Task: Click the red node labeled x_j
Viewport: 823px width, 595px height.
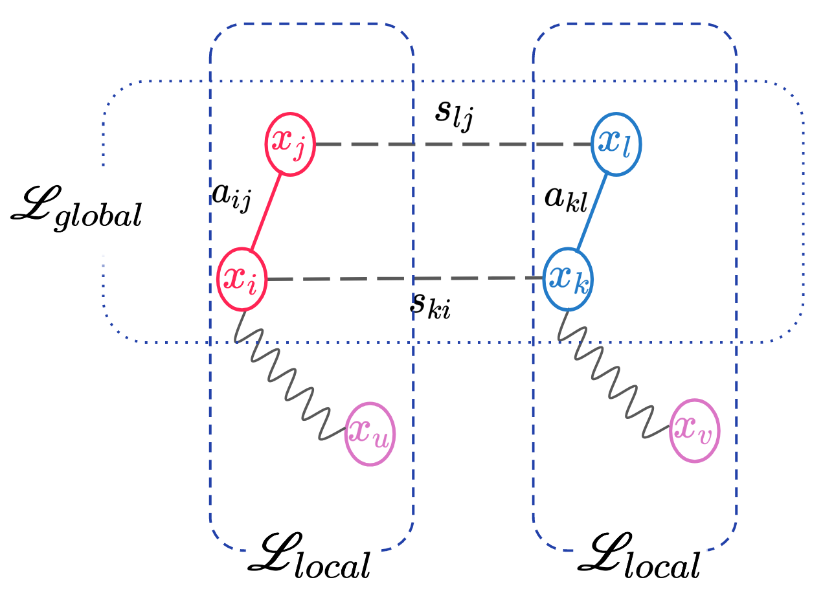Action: [289, 144]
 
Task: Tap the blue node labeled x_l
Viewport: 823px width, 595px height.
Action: [616, 144]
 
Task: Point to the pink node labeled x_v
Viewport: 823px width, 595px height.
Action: [695, 431]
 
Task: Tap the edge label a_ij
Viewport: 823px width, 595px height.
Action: [231, 194]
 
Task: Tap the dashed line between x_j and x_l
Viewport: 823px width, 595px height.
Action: [453, 144]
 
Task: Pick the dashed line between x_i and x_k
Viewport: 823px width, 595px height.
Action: [405, 279]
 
